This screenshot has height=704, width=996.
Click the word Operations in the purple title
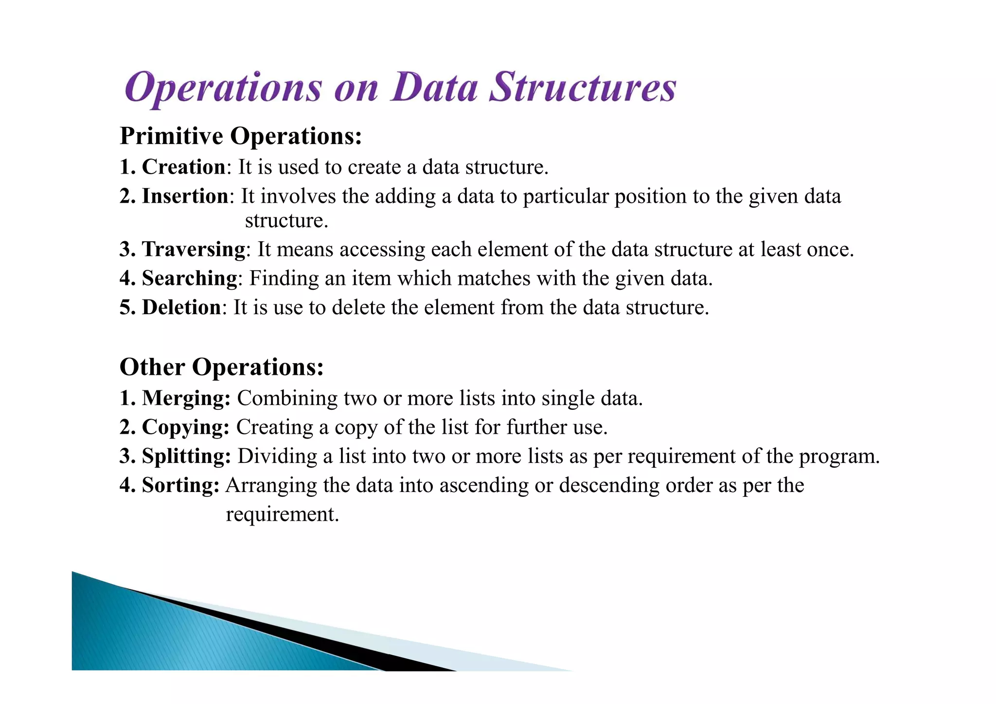[223, 88]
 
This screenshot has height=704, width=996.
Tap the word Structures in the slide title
[582, 88]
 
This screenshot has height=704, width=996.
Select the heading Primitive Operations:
[241, 136]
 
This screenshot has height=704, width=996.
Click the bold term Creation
[183, 167]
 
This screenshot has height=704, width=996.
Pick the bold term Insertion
[185, 196]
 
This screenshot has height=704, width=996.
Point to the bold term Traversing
[194, 249]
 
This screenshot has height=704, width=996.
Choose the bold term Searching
[189, 278]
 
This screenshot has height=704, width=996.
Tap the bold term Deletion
[181, 307]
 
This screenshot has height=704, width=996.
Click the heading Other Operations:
[221, 367]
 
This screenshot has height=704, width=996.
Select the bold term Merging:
[186, 398]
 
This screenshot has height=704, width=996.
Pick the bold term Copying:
[185, 427]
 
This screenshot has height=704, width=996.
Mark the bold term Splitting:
[186, 456]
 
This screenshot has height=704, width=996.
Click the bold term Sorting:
[180, 485]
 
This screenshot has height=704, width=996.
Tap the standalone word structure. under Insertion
[286, 221]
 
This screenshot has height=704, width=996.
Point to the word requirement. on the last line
[282, 514]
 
